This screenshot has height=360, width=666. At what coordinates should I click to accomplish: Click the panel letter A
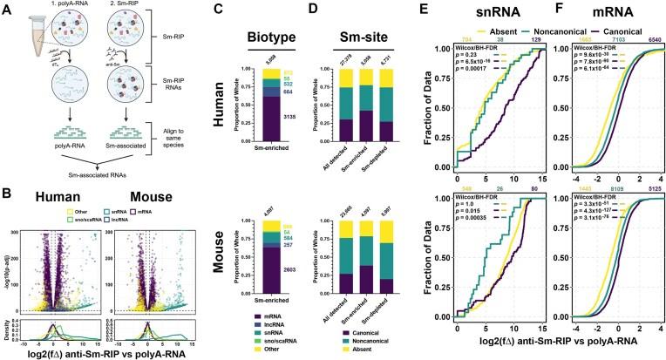pos(7,8)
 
